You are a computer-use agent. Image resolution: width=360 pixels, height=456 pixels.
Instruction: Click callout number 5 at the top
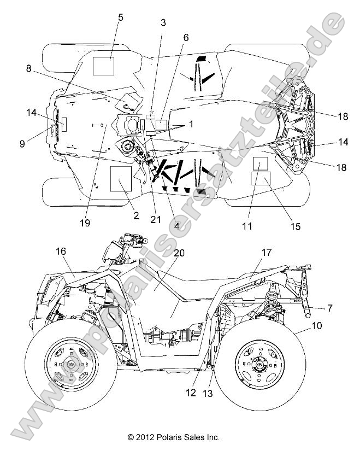pos(120,17)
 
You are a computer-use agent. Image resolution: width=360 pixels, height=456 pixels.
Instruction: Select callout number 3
pos(162,22)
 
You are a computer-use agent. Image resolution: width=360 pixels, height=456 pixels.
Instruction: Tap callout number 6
pos(186,38)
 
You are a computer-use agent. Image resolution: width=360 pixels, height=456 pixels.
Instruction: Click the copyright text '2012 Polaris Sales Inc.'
pos(174,437)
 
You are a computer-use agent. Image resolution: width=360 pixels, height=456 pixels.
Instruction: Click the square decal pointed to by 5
pos(103,65)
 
